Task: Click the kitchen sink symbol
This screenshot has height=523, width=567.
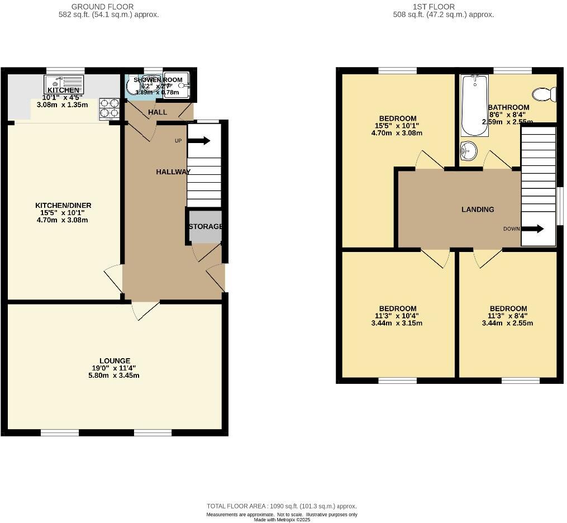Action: coord(64,84)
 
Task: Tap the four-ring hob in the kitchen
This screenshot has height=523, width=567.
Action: coord(110,108)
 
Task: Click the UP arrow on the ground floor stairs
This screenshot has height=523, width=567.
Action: coord(199,141)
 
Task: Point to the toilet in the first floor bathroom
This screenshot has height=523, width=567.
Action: coord(545,93)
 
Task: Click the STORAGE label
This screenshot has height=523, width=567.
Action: coord(206,226)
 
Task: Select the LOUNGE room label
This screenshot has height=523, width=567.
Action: coord(115,361)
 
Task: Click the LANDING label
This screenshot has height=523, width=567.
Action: coord(478,210)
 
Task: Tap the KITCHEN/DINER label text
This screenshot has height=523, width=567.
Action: coord(63,206)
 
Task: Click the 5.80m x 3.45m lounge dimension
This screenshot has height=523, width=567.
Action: coord(115,375)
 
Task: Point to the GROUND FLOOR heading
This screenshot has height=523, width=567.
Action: coord(102,7)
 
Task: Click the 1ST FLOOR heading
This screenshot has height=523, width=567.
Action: coord(441,7)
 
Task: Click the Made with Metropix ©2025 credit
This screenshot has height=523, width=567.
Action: coord(282,520)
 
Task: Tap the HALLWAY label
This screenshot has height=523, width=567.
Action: coord(173,172)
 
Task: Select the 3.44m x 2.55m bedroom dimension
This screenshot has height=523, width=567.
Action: coord(508,323)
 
